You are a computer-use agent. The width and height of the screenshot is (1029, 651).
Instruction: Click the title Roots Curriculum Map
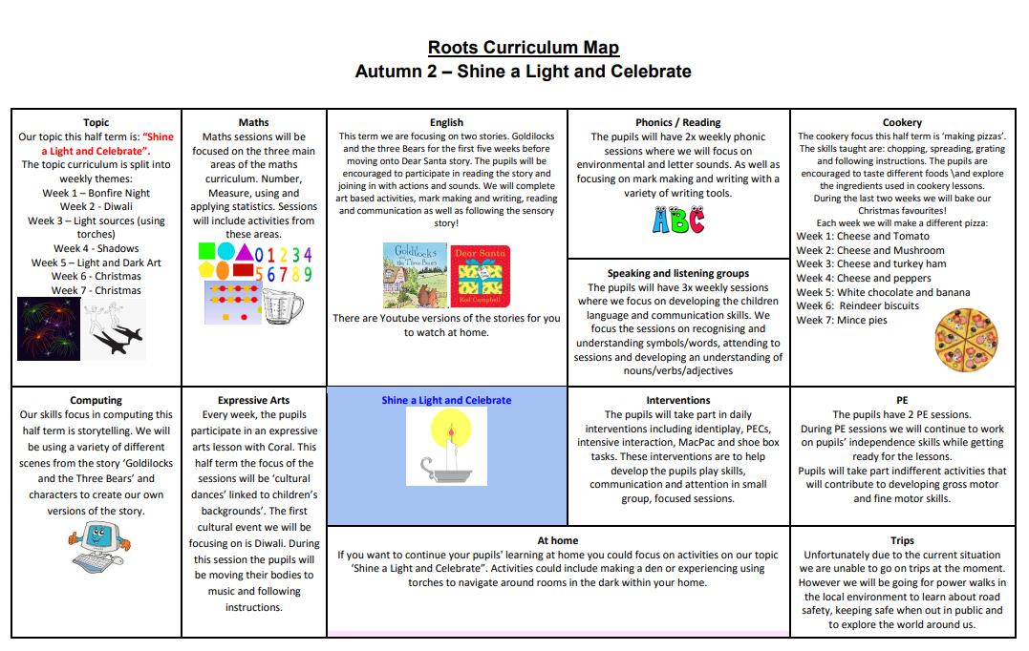pos(523,48)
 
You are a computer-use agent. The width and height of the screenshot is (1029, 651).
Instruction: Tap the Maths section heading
pos(253,122)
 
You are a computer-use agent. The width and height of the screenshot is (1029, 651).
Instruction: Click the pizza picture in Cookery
pos(966,338)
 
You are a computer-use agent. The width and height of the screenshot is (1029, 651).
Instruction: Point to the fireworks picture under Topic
pos(49,328)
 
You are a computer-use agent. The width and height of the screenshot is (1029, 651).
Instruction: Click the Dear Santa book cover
pos(481,275)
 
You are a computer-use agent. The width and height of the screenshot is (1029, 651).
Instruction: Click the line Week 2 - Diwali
pos(96,206)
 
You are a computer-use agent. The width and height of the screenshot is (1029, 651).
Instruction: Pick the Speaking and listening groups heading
pos(678,273)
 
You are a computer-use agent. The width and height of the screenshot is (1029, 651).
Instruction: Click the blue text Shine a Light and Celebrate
pos(446,400)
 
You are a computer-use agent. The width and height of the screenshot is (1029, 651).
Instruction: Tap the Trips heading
pos(902,540)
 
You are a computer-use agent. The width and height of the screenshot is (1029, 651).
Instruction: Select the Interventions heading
pos(678,400)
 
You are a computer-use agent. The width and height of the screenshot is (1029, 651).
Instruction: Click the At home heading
pos(558,540)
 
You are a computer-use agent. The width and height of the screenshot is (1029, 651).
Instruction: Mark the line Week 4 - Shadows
pos(96,248)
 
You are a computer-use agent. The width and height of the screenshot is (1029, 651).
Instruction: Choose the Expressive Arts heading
pos(253,400)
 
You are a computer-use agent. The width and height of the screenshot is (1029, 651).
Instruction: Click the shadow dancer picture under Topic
pos(114,328)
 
